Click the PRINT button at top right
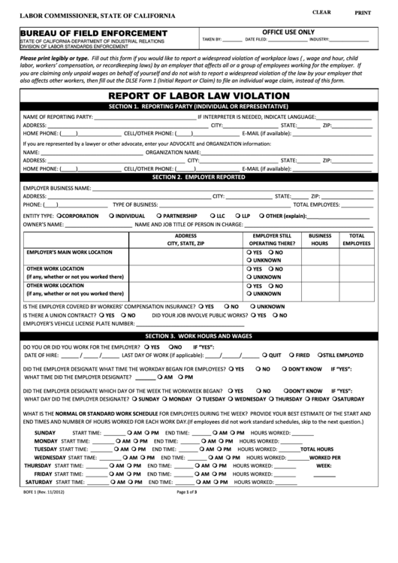pos(363,13)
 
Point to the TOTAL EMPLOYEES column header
pos(357,239)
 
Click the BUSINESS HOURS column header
pos(320,239)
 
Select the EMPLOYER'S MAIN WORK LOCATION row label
pos(70,253)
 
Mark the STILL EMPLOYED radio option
pos(318,355)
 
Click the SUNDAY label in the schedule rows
pos(45,433)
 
